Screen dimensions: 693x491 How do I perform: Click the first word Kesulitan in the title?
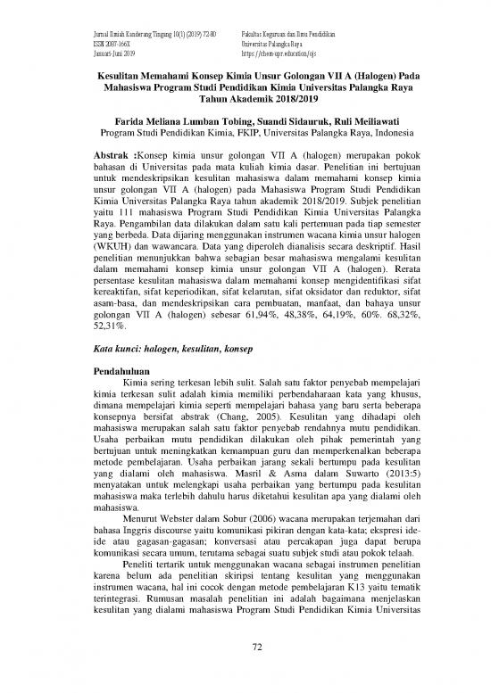coord(122,78)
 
